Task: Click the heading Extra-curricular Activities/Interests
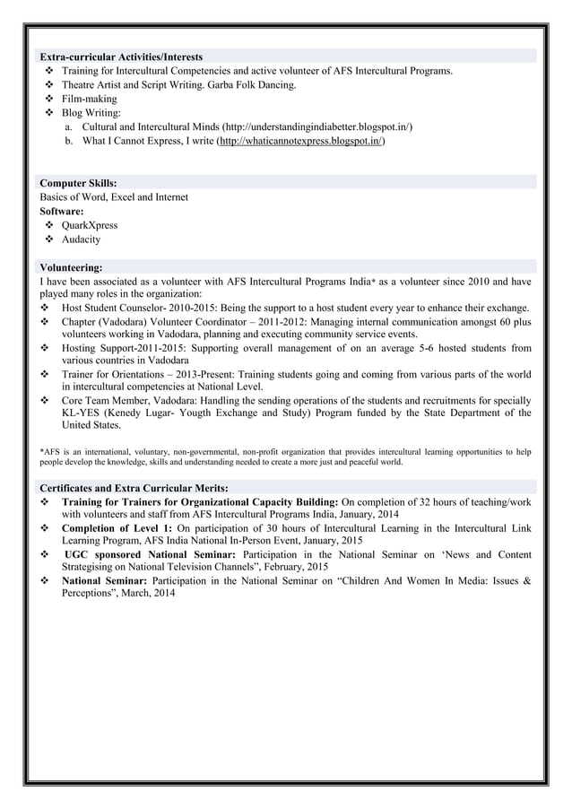[x=121, y=57]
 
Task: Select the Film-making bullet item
[x=89, y=99]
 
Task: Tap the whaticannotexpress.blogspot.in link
[x=301, y=142]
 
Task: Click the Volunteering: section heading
[x=71, y=266]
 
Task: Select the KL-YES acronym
[x=80, y=413]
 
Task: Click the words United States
[x=91, y=426]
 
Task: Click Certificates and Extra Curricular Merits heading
[x=134, y=487]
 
